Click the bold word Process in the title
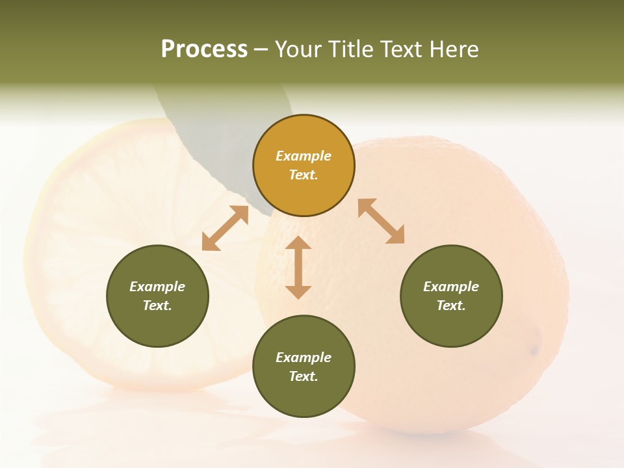click(x=204, y=49)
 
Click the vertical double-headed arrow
click(x=298, y=267)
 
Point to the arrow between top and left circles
click(x=225, y=228)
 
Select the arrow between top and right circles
click(x=381, y=221)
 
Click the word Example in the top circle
click(x=304, y=156)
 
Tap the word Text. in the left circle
click(x=157, y=305)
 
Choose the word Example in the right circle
click(x=451, y=287)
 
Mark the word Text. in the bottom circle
click(x=304, y=376)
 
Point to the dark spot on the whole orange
click(x=534, y=351)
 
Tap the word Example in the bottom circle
click(x=304, y=357)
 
